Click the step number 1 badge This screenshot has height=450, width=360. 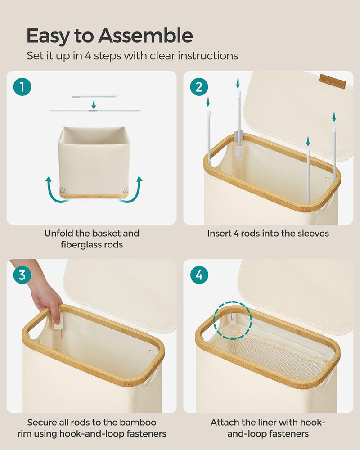pyautogui.click(x=22, y=87)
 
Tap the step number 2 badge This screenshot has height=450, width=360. pyautogui.click(x=199, y=87)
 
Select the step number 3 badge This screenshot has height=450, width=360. pyautogui.click(x=22, y=275)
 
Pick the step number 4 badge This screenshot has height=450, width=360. pyautogui.click(x=199, y=275)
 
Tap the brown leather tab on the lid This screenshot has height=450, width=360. pyautogui.click(x=333, y=81)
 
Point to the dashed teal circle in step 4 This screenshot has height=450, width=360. pyautogui.click(x=232, y=320)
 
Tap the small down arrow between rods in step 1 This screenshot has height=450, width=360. pyautogui.click(x=94, y=104)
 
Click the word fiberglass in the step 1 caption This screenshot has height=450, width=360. pyautogui.click(x=79, y=245)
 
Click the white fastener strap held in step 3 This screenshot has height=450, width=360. pyautogui.click(x=57, y=317)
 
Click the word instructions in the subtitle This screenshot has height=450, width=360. pyautogui.click(x=209, y=56)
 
